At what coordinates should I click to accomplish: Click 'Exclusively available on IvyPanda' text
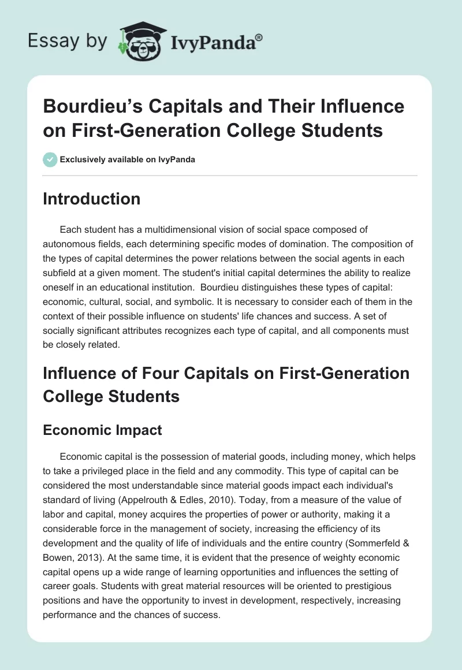[127, 159]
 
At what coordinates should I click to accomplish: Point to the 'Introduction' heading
[92, 199]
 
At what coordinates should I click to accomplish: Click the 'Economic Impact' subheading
[103, 430]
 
